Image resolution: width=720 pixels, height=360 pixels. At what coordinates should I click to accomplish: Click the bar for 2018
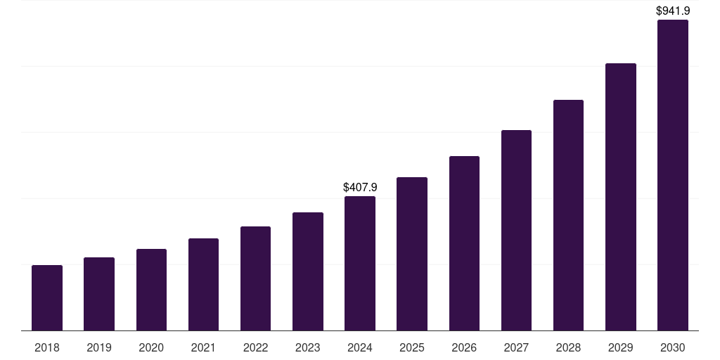[47, 297]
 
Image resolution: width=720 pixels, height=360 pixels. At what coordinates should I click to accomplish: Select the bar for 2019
[99, 294]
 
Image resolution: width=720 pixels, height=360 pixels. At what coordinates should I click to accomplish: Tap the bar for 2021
[203, 284]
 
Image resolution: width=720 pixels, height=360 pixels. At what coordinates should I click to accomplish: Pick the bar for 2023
[308, 271]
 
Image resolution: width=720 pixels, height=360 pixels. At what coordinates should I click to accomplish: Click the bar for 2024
[360, 263]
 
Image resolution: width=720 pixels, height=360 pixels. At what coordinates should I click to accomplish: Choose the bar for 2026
[464, 243]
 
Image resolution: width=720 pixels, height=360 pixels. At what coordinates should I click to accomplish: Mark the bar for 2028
[568, 215]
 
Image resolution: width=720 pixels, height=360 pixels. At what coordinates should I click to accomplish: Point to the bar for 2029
[620, 197]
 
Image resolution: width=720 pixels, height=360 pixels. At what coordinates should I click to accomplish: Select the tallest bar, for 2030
[673, 175]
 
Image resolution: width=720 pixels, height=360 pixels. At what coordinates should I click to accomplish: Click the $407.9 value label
[360, 188]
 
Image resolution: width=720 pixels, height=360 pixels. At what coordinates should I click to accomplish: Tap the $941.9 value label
[673, 11]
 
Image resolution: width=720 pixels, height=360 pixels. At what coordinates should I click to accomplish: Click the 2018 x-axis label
[47, 347]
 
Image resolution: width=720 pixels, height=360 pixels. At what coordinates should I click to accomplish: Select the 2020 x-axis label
[151, 347]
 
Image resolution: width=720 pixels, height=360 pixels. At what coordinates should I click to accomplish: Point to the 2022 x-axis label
[255, 347]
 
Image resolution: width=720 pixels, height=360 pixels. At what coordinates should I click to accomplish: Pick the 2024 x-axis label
[360, 347]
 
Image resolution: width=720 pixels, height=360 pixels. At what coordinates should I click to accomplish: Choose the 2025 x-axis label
[412, 347]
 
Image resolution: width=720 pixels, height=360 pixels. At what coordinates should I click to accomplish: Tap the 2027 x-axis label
[516, 347]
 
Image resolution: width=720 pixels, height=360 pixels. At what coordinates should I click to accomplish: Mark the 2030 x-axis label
[673, 347]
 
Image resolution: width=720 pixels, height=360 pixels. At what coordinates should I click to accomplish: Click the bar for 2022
[255, 278]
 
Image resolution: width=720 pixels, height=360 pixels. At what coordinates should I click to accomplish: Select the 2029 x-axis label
[620, 347]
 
